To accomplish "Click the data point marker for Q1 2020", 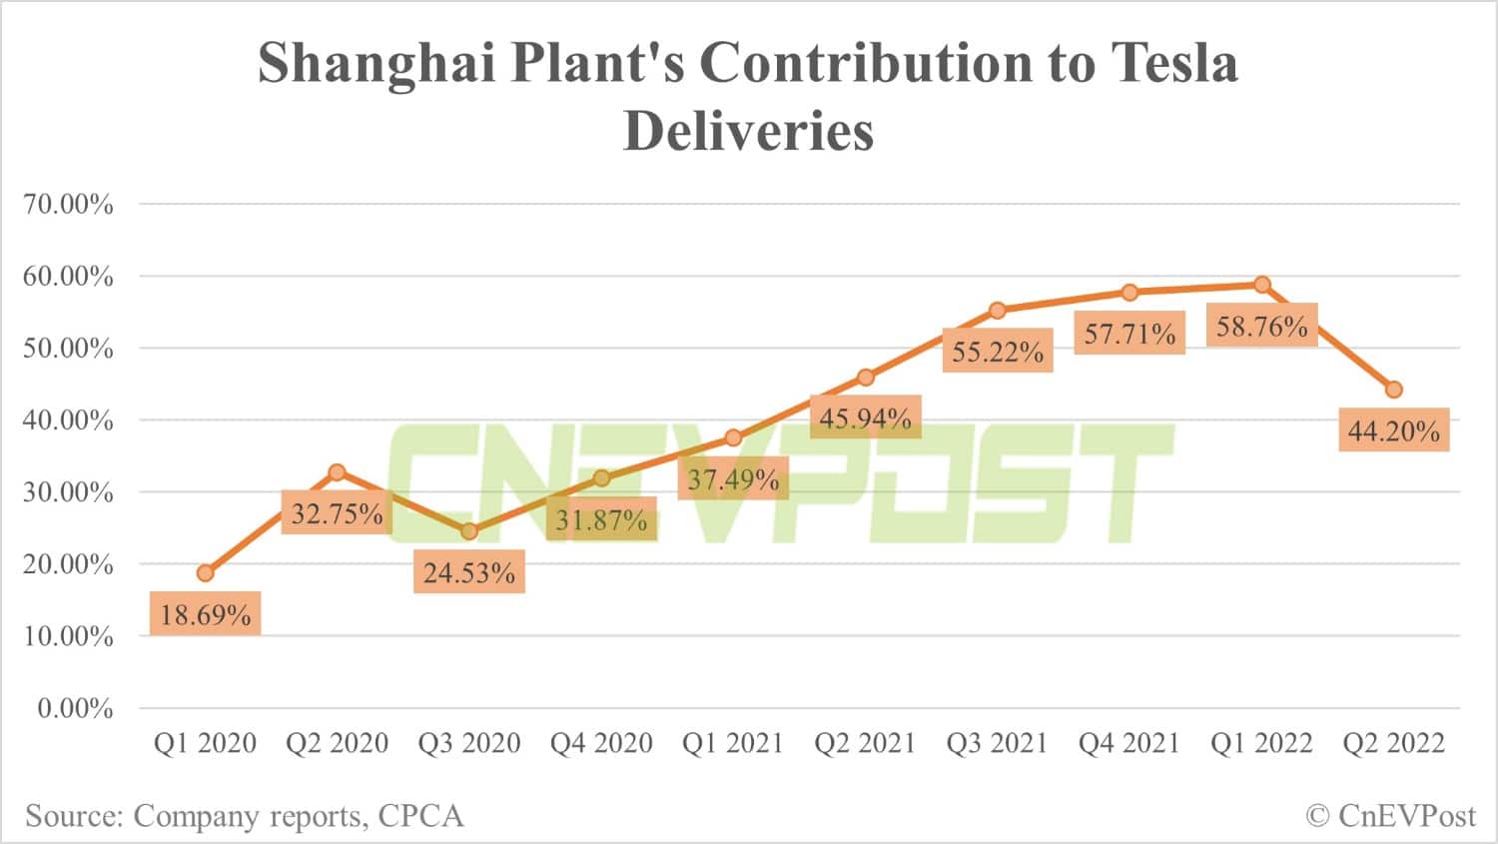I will pos(205,573).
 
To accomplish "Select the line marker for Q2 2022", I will pos(1394,390).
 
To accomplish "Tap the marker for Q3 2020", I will pos(469,530).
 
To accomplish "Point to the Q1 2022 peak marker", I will pos(1262,285).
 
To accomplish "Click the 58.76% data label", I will pos(1261,326).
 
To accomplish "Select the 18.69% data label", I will pos(206,613).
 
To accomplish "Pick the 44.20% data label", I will pos(1393,430).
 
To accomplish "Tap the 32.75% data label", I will pos(338,513).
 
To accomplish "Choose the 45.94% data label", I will pos(865,418).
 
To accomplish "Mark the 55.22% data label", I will pos(997,352).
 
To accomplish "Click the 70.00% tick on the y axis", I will pos(68,205).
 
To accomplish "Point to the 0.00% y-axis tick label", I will pos(75,708).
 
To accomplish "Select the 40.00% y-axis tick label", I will pos(68,421).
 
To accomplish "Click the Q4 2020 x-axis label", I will pos(601,743).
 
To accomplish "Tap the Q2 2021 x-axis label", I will pos(865,743).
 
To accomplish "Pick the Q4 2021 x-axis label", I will pos(1128,743).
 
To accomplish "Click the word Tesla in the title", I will pos(1174,62).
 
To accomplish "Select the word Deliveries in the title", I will pos(748,131).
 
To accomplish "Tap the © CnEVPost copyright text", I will pos(1390,816).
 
